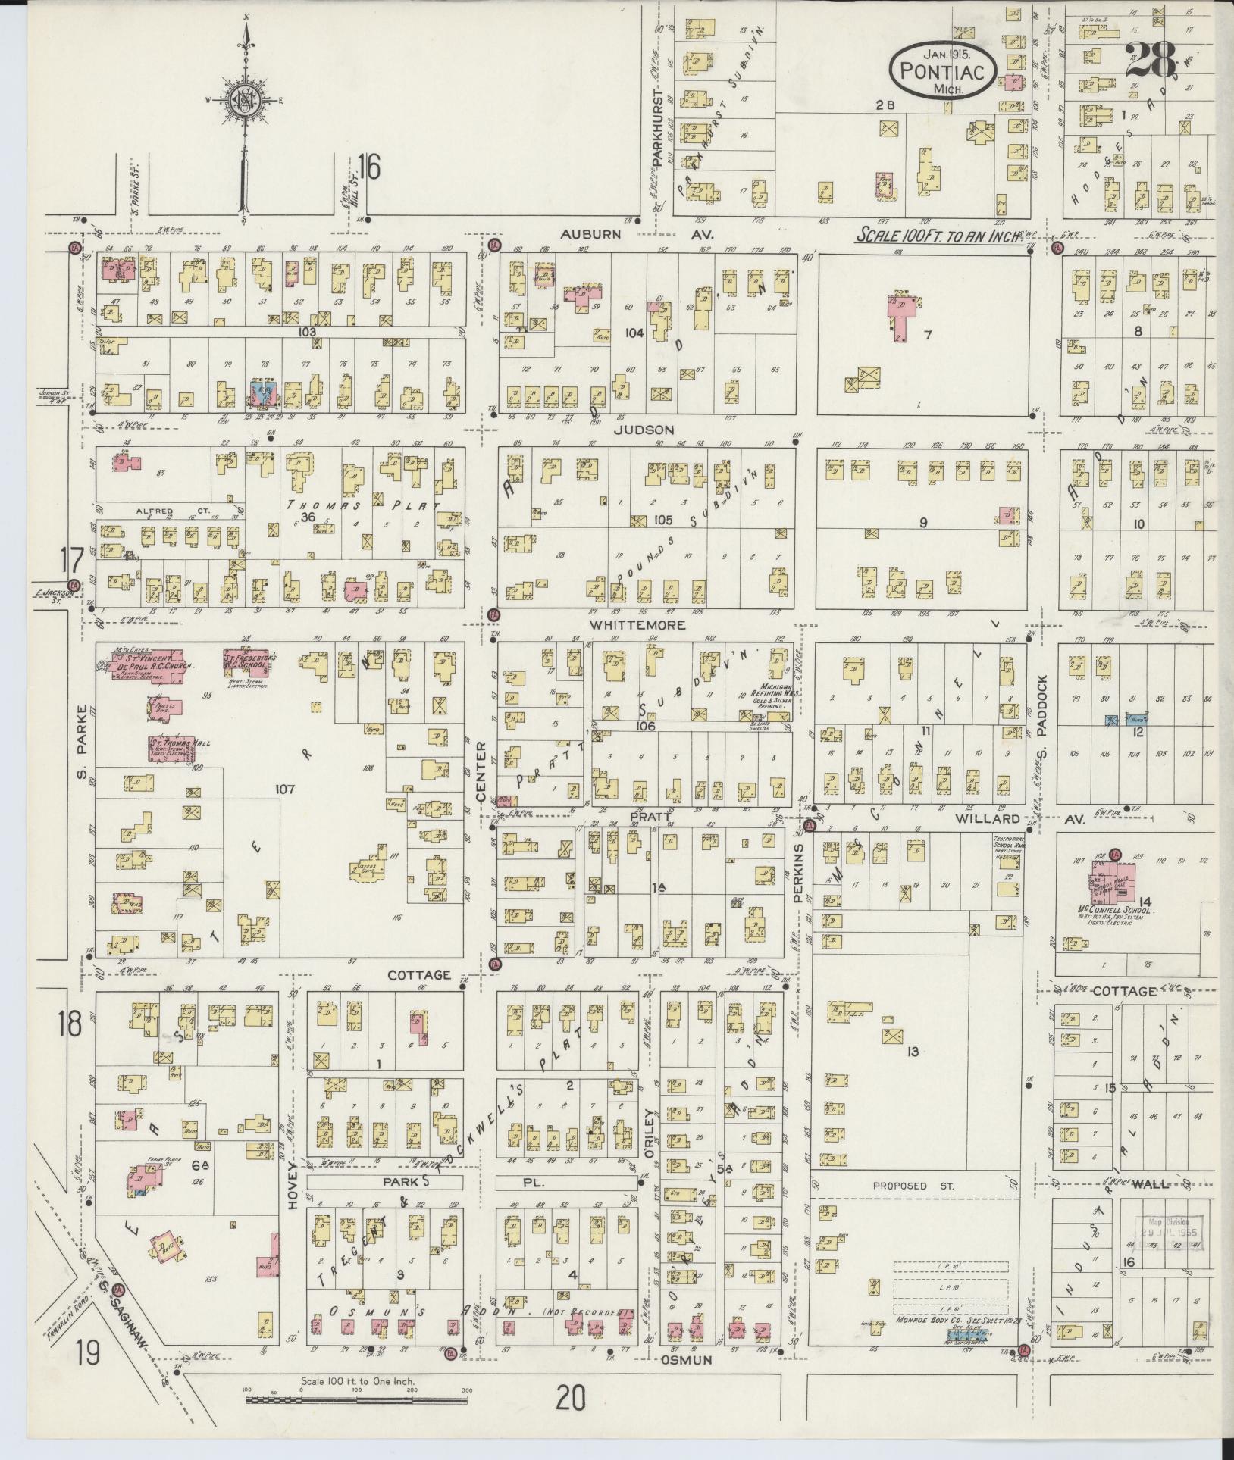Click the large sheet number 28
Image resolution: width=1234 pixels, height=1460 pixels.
pyautogui.click(x=1150, y=61)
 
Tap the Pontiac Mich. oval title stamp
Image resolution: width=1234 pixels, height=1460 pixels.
pyautogui.click(x=942, y=70)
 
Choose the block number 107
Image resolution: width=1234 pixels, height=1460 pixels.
pyautogui.click(x=284, y=789)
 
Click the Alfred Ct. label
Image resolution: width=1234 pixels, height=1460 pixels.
pyautogui.click(x=173, y=511)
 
